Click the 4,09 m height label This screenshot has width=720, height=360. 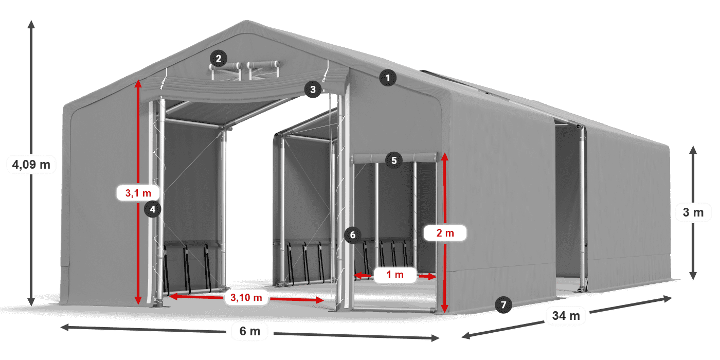coord(31,165)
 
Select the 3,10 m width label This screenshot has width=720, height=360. coord(246,297)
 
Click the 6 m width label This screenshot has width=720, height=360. coord(250,332)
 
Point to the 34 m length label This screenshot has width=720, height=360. coord(566,315)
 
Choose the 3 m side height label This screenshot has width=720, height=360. coord(693,212)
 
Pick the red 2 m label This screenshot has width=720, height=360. coord(445,233)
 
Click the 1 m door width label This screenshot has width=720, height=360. coord(395,275)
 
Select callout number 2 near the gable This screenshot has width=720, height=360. coord(219,58)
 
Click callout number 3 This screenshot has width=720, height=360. coord(312,89)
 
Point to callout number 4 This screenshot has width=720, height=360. coord(153,209)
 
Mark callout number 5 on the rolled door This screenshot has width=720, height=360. coord(393,160)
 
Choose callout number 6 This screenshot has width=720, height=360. coord(352,235)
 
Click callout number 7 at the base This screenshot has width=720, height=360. coord(503,304)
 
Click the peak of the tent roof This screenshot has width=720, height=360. coord(246,22)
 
